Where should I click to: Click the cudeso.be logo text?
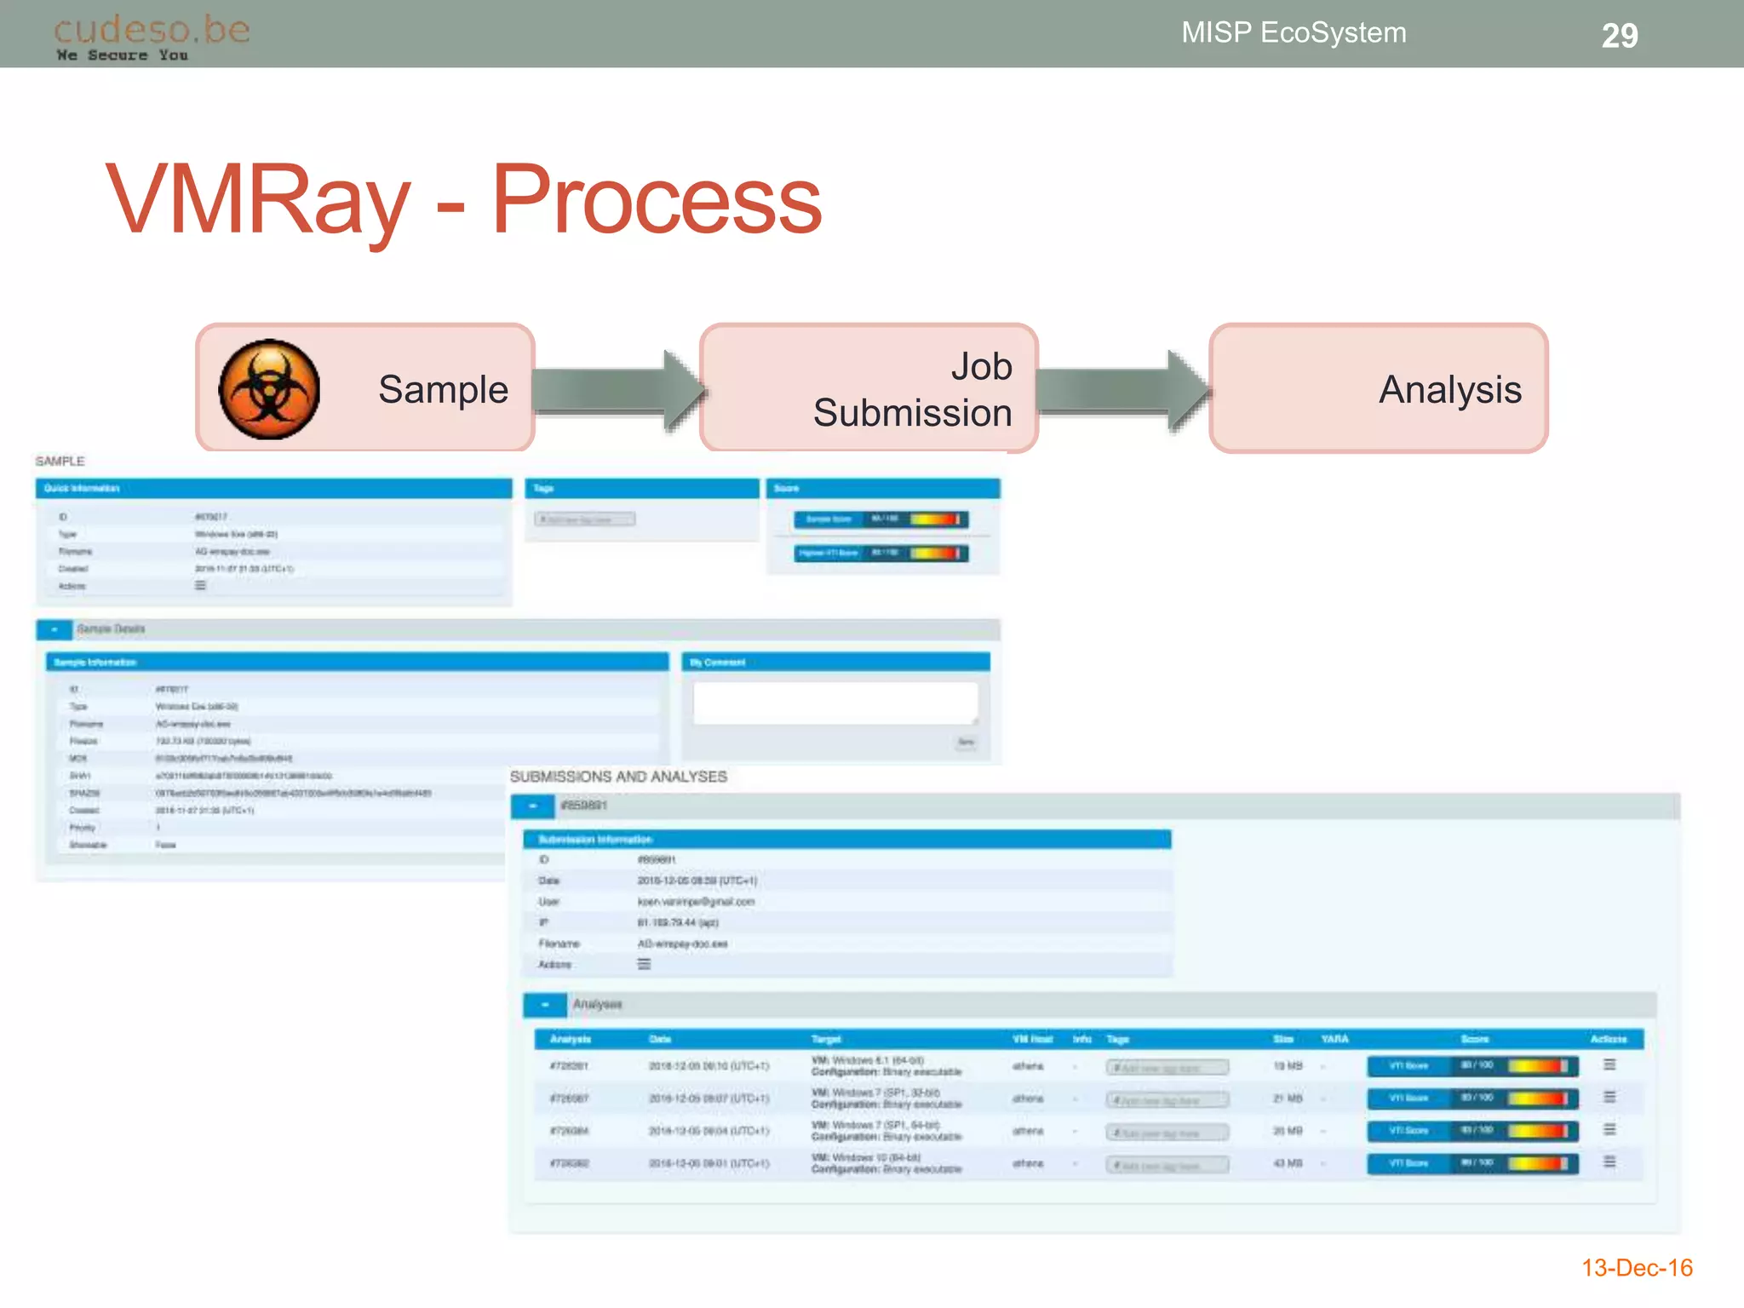(152, 30)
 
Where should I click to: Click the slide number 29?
(1619, 36)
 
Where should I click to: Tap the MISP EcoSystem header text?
(1293, 32)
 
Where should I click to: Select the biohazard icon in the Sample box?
(269, 389)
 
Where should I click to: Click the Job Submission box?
(869, 388)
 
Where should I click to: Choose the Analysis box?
(1378, 388)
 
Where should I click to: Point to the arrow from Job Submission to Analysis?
(1122, 391)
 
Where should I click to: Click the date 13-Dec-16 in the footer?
(1636, 1268)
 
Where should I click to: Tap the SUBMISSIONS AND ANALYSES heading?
(618, 777)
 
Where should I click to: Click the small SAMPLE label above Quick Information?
(60, 461)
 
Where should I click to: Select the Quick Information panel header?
(272, 488)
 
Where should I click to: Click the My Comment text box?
(835, 703)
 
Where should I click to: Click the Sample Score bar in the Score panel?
(881, 519)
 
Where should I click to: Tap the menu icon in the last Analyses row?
(1609, 1162)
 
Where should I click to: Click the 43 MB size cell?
(1288, 1163)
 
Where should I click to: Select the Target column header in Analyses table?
(826, 1039)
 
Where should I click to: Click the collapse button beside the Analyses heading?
(545, 1005)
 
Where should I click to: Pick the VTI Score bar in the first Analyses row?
(1472, 1066)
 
